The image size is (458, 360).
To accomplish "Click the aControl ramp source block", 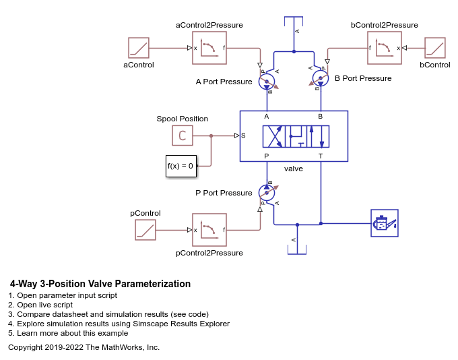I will tap(138, 48).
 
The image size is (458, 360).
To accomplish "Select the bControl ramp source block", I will tap(434, 48).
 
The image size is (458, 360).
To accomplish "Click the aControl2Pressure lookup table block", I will tap(209, 48).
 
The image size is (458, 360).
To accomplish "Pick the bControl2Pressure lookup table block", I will tap(385, 48).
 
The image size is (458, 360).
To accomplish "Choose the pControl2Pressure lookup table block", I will tap(209, 230).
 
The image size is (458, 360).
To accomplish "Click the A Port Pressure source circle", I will tap(266, 82).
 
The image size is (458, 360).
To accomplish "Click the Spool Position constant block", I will tap(182, 136).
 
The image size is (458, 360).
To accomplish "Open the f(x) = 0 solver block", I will tap(180, 166).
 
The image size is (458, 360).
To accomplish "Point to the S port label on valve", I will tap(244, 136).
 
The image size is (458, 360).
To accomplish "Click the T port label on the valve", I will tap(321, 156).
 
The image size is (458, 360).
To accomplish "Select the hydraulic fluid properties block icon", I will tap(385, 223).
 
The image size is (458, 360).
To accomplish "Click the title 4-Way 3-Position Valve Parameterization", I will tap(100, 284).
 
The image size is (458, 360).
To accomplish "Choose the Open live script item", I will tap(49, 305).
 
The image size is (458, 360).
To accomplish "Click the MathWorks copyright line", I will tap(84, 347).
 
